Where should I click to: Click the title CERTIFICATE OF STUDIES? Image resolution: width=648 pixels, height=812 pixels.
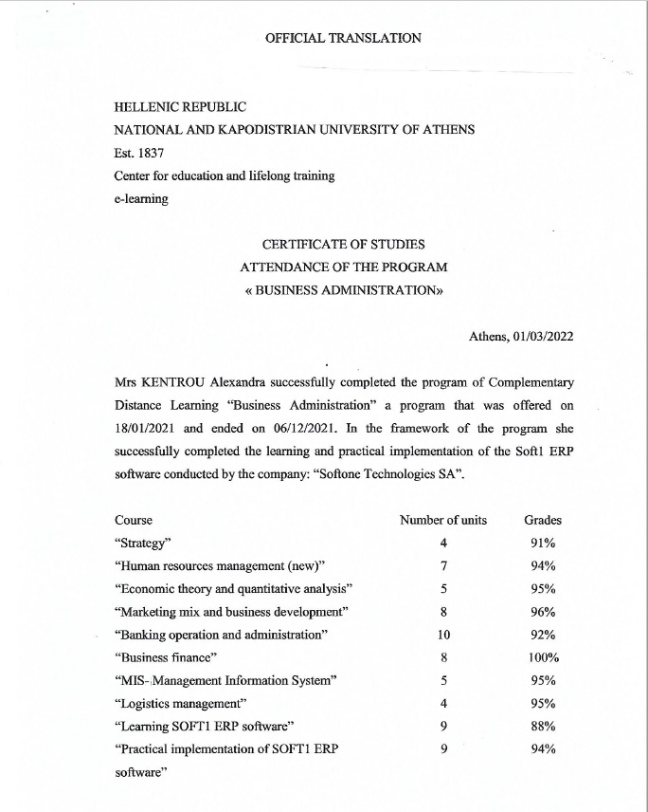coord(343,245)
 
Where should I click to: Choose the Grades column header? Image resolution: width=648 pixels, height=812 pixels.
coord(543,520)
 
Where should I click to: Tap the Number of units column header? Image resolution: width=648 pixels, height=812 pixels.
coord(443,520)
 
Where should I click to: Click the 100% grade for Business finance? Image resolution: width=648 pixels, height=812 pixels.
coord(543,657)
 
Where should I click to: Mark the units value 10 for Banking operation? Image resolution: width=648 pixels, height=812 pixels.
coord(443,635)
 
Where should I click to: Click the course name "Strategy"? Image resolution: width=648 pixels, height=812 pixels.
coord(142,543)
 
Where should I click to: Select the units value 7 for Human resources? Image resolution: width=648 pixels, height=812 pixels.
coord(443,566)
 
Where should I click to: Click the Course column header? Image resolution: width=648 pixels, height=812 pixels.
coord(134,520)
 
